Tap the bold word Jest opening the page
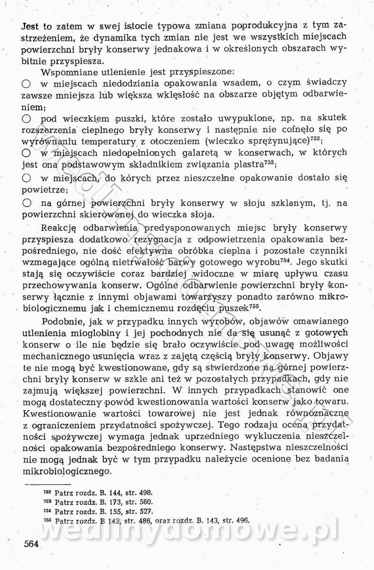(x=32, y=25)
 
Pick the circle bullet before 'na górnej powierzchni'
(x=27, y=203)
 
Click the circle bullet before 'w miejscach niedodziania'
(x=27, y=83)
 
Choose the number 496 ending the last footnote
(x=242, y=520)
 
